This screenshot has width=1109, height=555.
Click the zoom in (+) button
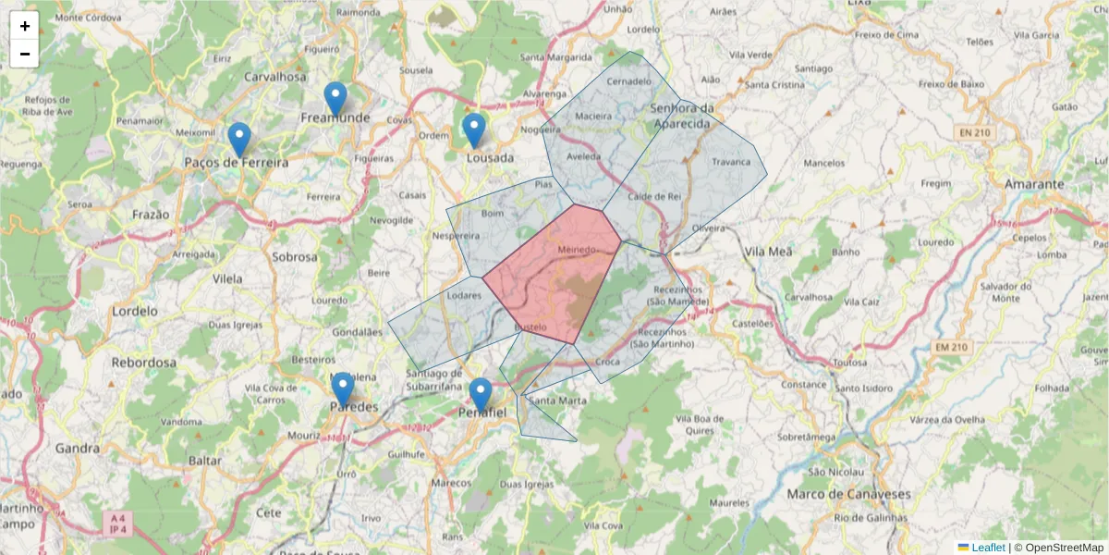click(25, 26)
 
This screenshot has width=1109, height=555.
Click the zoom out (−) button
click(25, 54)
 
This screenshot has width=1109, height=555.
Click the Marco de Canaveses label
click(848, 494)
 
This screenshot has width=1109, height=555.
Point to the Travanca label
click(731, 162)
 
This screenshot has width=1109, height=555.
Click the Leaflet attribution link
click(988, 548)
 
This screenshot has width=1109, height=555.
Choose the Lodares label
click(464, 296)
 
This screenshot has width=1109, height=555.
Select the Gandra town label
click(77, 449)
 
